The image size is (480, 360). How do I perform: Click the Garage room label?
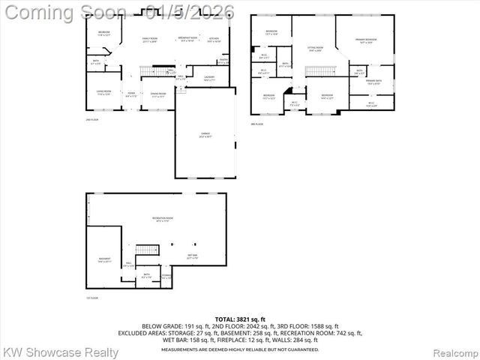pyautogui.click(x=205, y=135)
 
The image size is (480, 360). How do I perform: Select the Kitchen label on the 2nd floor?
pyautogui.click(x=214, y=39)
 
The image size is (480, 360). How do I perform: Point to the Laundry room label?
pyautogui.click(x=209, y=77)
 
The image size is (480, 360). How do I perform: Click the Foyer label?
pyautogui.click(x=131, y=95)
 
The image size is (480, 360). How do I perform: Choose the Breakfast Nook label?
pyautogui.click(x=187, y=39)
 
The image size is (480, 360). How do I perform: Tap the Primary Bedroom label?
pyautogui.click(x=367, y=40)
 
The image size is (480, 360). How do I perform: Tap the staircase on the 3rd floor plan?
pyautogui.click(x=318, y=71)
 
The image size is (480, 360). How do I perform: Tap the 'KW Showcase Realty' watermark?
pyautogui.click(x=61, y=352)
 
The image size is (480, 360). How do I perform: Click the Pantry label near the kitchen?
pyautogui.click(x=223, y=61)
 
